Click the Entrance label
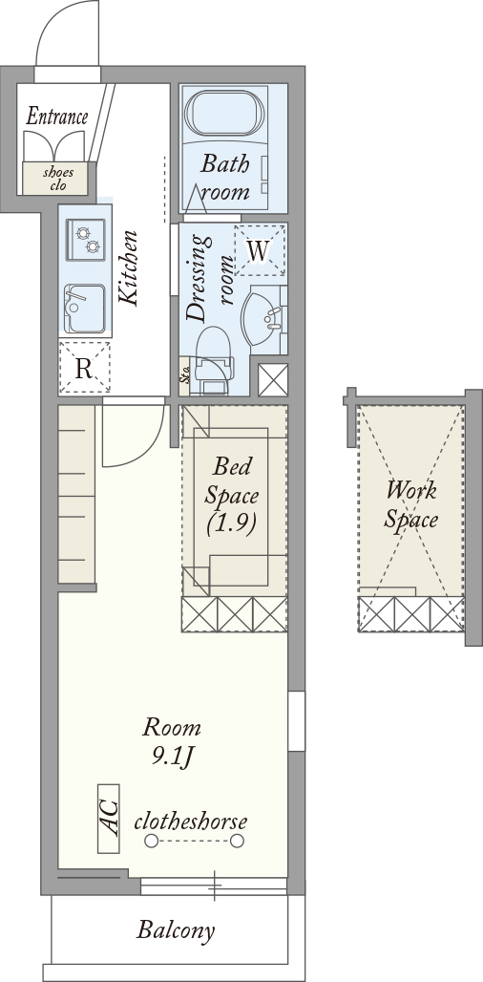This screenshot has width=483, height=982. (57, 117)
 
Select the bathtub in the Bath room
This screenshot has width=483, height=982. (224, 113)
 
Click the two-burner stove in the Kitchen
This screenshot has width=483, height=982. (86, 240)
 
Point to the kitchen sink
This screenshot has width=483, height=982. (84, 309)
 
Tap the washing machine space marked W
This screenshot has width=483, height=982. (259, 250)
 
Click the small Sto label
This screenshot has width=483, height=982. (184, 376)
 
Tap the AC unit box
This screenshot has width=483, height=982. (109, 818)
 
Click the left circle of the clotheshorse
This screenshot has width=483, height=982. (151, 841)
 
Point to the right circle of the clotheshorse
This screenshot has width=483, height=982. (237, 841)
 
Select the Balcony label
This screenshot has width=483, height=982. (176, 930)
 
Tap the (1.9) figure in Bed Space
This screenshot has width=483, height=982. (232, 524)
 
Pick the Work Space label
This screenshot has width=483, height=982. (411, 504)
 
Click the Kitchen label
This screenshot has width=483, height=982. (129, 269)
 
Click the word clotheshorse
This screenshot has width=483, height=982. (191, 822)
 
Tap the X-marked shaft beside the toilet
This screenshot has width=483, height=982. (273, 379)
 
